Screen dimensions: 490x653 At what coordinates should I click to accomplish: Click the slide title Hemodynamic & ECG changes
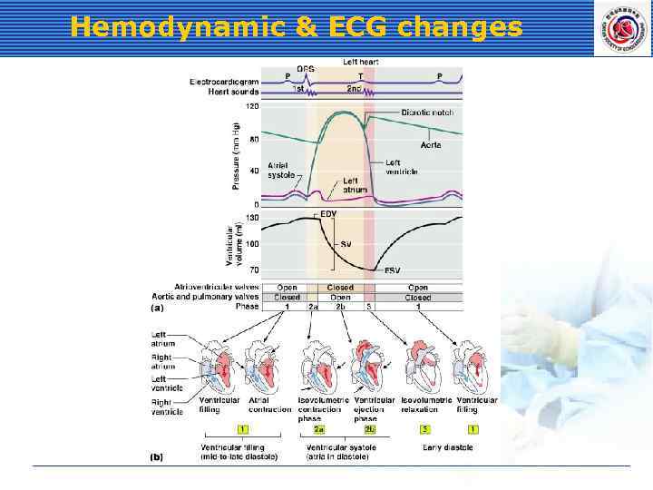click(296, 27)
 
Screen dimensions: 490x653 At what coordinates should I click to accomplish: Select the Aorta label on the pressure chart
click(431, 145)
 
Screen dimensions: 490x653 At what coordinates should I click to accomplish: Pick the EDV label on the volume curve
click(328, 213)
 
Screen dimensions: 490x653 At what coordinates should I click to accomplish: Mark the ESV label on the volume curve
click(392, 269)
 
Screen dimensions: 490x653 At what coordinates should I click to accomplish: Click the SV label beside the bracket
click(346, 243)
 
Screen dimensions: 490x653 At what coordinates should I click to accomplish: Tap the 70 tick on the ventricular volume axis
click(253, 269)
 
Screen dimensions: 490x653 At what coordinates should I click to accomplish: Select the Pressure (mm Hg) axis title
click(236, 155)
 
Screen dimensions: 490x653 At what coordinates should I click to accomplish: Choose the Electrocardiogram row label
click(224, 82)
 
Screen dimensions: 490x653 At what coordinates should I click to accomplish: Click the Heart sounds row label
click(233, 91)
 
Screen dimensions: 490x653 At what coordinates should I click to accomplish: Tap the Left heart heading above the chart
click(360, 62)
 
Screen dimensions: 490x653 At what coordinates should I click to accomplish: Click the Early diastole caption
click(447, 447)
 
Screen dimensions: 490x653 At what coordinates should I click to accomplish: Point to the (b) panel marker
click(156, 457)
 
